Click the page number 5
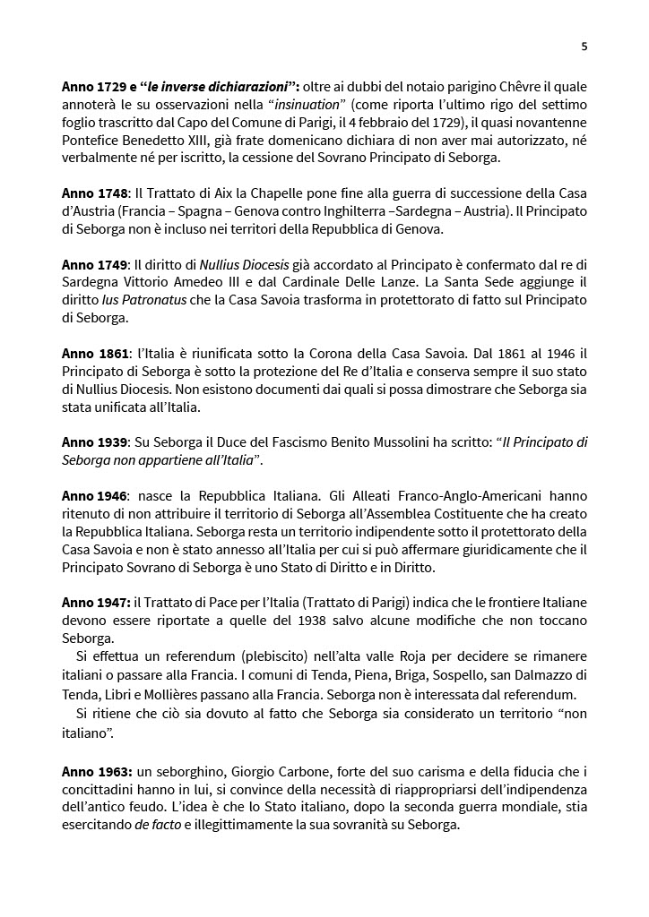(x=584, y=47)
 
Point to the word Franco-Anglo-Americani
(x=446, y=493)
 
